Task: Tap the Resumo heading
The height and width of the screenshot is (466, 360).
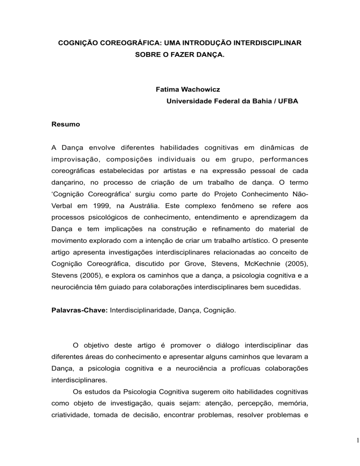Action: click(66, 125)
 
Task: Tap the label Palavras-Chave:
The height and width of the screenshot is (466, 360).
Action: click(79, 309)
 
